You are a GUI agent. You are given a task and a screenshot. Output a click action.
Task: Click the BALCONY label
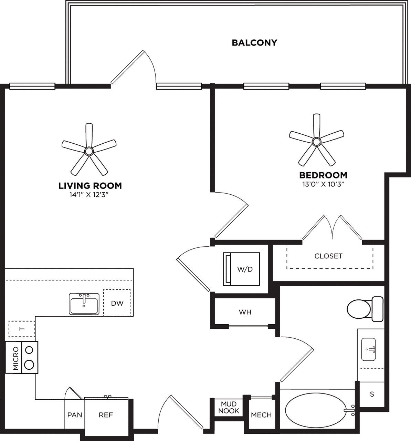254,43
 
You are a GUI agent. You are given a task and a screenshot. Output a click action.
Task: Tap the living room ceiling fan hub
89,151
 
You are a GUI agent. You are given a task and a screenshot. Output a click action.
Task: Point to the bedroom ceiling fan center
316,141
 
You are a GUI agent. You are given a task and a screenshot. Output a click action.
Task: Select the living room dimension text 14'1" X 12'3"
90,195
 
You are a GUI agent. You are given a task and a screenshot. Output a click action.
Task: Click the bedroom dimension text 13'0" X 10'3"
323,184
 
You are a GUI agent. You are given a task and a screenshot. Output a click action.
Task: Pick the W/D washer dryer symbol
241,269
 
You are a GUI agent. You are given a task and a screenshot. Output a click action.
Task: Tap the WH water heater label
245,312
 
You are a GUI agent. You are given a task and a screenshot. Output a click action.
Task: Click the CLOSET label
328,256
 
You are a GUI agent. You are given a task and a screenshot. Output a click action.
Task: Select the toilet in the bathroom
365,309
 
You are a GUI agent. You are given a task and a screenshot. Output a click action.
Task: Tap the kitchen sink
84,304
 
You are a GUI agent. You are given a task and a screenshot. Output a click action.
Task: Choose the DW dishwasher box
117,303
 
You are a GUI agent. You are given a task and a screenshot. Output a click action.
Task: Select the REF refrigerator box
106,415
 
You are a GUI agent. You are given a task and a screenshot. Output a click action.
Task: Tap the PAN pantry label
75,415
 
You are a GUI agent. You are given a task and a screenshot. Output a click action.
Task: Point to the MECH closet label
261,415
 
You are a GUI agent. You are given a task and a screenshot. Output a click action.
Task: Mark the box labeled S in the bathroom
372,394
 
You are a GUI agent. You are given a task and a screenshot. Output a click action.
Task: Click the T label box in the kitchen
22,329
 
